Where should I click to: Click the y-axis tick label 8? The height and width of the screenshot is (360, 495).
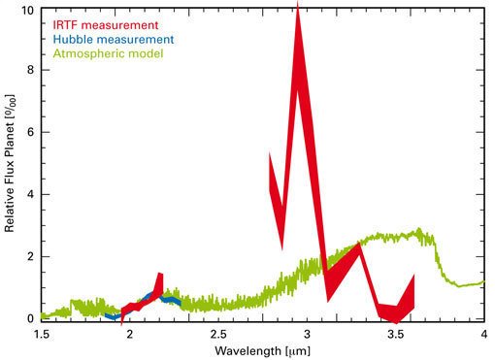click(x=31, y=71)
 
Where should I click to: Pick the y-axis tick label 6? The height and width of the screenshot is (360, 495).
click(x=31, y=133)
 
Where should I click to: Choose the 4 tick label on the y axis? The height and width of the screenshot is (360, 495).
click(x=31, y=195)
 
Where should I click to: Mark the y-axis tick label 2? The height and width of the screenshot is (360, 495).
click(x=31, y=257)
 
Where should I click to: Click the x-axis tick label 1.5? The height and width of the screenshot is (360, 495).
click(x=42, y=333)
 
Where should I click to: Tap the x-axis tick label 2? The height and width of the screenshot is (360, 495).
click(x=129, y=333)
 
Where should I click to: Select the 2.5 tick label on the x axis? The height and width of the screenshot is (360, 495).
click(x=218, y=333)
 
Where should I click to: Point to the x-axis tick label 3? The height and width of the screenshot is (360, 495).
click(x=307, y=333)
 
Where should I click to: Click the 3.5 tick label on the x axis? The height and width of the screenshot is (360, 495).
click(x=395, y=333)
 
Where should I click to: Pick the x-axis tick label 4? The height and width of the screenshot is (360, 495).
click(x=483, y=333)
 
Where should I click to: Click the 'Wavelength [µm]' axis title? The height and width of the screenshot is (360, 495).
click(x=262, y=349)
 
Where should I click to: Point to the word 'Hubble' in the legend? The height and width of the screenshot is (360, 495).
click(x=73, y=39)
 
